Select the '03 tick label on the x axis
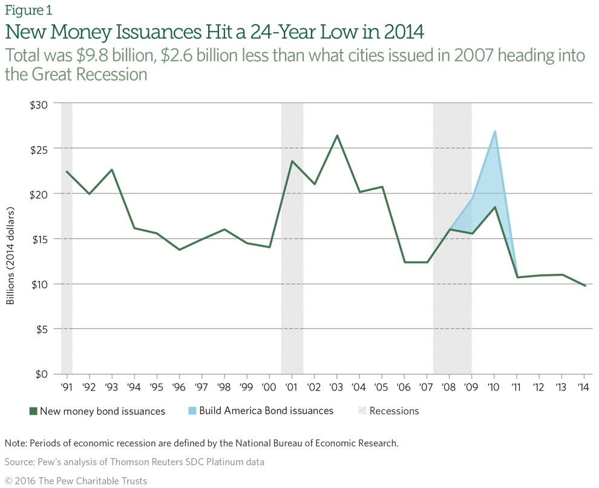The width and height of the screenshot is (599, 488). pyautogui.click(x=336, y=386)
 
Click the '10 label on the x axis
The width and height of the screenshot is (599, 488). pyautogui.click(x=494, y=386)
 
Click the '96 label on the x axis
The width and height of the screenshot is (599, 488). pyautogui.click(x=178, y=386)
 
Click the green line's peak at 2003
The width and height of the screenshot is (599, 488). pyautogui.click(x=337, y=135)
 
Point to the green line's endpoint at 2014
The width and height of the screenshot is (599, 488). pyautogui.click(x=584, y=285)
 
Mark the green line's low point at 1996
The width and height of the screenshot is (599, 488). pyautogui.click(x=179, y=250)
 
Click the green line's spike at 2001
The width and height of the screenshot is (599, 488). pyautogui.click(x=292, y=161)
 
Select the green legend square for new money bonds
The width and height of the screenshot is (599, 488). pyautogui.click(x=33, y=411)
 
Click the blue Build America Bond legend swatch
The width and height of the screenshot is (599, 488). pyautogui.click(x=192, y=411)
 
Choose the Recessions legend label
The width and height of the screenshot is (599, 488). pyautogui.click(x=394, y=411)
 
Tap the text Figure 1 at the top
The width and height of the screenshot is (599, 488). pyautogui.click(x=28, y=10)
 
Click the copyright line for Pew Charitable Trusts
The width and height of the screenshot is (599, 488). pyautogui.click(x=76, y=480)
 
